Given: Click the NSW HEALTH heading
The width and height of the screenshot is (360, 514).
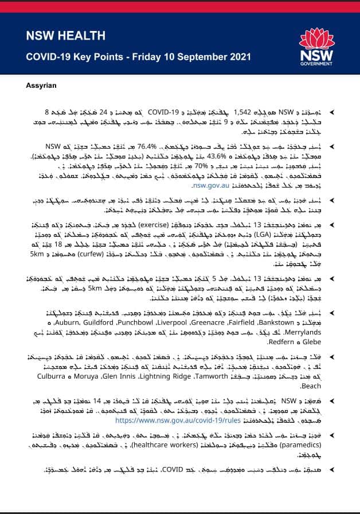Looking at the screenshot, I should click(65, 36).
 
